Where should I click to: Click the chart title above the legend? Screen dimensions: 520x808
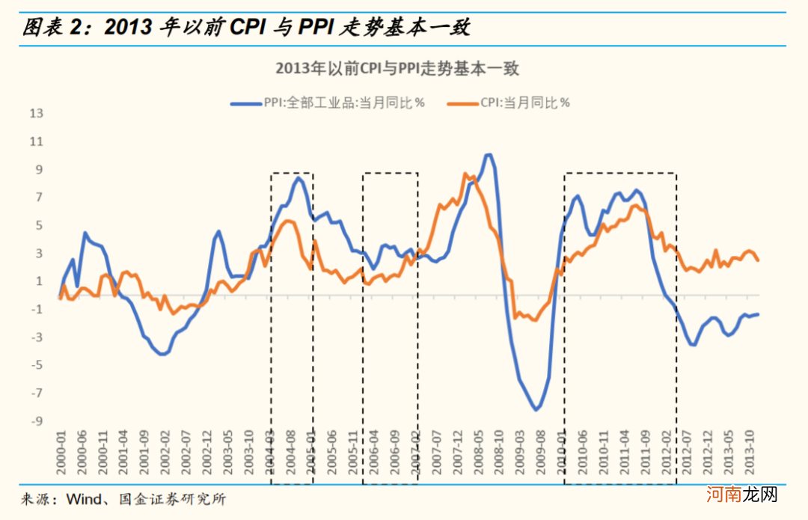point(397,69)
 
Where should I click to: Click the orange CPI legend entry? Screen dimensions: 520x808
point(516,103)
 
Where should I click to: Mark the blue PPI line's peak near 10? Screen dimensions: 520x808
point(489,155)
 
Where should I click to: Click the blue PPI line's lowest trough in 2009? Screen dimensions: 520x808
point(536,409)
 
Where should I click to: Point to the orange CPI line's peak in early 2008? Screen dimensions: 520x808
point(465,174)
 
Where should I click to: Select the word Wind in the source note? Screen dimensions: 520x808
point(84,499)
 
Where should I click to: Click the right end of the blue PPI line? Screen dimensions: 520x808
point(759,314)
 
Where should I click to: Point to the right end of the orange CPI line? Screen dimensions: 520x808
point(759,260)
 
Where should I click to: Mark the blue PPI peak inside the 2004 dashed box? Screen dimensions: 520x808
point(298,177)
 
